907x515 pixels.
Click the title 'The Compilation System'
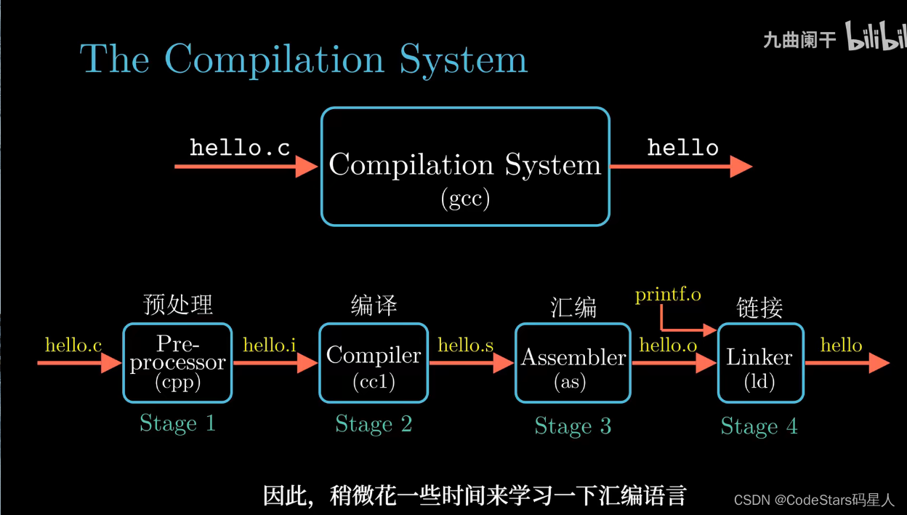[304, 59]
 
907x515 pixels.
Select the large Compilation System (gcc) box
[465, 167]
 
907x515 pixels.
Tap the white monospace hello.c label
[240, 148]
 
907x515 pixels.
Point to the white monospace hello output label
[682, 148]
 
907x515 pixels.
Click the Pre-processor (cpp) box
[177, 363]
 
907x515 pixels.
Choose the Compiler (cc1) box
[374, 363]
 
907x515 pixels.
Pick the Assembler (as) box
[573, 363]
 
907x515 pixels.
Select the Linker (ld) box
[760, 363]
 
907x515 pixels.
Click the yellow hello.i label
[270, 346]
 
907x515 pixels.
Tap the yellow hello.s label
[465, 346]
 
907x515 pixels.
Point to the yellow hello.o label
[668, 346]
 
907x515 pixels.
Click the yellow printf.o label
[668, 295]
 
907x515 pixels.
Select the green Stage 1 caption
[177, 423]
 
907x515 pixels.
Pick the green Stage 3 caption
[573, 426]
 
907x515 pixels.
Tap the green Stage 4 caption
[759, 426]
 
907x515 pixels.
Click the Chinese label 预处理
[178, 305]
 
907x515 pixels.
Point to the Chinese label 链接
[759, 308]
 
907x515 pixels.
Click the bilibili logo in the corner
[876, 37]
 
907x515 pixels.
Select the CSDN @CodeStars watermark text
[814, 500]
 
